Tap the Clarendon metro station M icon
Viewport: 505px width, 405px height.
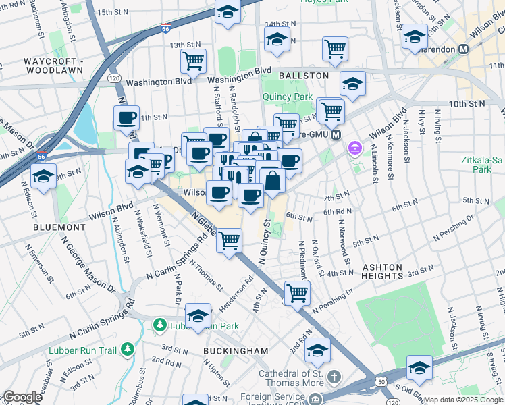464,49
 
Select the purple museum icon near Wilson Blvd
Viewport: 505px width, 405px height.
353,148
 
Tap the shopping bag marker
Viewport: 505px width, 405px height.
272,181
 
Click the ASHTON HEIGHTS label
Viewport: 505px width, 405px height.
382,267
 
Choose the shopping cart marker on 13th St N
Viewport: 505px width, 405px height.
193,61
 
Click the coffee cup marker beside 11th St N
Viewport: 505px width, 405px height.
126,118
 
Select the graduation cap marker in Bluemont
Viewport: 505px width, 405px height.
44,178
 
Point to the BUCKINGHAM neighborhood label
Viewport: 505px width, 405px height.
236,351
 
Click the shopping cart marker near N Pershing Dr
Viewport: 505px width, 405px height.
297,292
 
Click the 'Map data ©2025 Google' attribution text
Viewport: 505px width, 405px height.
463,400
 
